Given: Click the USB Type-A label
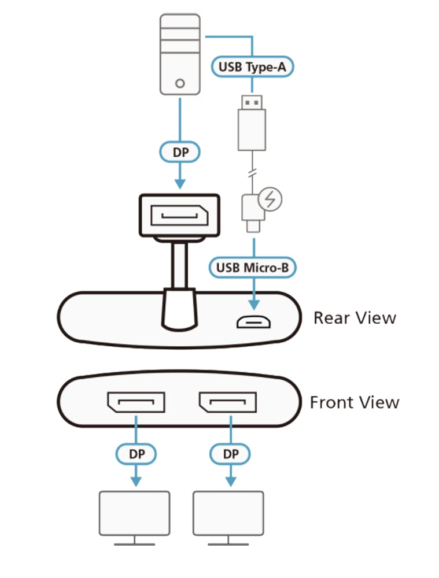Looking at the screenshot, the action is [252, 66].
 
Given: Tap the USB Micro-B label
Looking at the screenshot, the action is [253, 267].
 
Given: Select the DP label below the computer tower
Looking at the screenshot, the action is [180, 152].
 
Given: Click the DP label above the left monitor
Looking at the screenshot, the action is [136, 454].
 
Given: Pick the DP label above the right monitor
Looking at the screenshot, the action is [231, 454].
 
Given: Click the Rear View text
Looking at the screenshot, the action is [355, 318].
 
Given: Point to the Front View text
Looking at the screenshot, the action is [355, 402].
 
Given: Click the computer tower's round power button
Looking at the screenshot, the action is [180, 83].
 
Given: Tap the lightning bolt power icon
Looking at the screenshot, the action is [270, 199].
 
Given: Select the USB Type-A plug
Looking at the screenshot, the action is [252, 123].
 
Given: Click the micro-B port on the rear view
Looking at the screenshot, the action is [253, 322].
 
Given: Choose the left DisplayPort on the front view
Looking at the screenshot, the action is [136, 402].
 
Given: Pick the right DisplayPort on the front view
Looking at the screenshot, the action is [228, 402].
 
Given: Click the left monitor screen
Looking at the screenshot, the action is [135, 513].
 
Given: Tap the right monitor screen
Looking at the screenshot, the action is [228, 513].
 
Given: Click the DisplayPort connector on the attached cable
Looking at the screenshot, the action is [180, 215].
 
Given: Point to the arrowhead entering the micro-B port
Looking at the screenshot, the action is [254, 305].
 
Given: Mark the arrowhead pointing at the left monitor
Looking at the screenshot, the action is [136, 481].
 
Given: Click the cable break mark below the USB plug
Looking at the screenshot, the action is [252, 172].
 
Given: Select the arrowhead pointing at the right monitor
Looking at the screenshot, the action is [231, 481].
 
